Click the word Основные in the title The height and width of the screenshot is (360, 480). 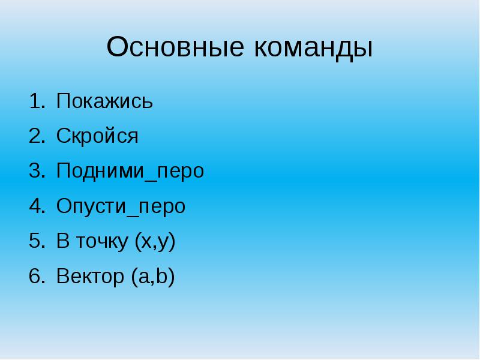[x=175, y=47]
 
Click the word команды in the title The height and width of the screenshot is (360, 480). [x=313, y=49]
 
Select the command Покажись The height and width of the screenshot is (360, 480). [x=104, y=101]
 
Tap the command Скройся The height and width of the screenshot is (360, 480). [x=97, y=136]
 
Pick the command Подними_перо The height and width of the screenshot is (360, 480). [x=130, y=171]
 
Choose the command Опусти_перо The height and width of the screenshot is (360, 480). [x=121, y=206]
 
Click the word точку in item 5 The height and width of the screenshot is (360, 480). [x=102, y=242]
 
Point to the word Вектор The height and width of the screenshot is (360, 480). [x=91, y=276]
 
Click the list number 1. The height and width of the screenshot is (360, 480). [x=37, y=101]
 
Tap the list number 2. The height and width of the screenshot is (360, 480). [x=37, y=136]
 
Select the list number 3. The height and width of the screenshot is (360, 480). [x=37, y=171]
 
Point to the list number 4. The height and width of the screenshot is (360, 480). [x=37, y=206]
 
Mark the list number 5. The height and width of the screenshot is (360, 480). [x=37, y=241]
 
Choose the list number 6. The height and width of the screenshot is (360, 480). [x=37, y=276]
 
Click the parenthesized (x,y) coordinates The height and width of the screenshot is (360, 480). [x=155, y=242]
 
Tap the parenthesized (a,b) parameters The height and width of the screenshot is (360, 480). [x=153, y=277]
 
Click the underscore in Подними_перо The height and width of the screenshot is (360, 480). [x=151, y=181]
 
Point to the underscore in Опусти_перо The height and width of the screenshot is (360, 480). [x=132, y=216]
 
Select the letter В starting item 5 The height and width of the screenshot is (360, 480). [x=63, y=241]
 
